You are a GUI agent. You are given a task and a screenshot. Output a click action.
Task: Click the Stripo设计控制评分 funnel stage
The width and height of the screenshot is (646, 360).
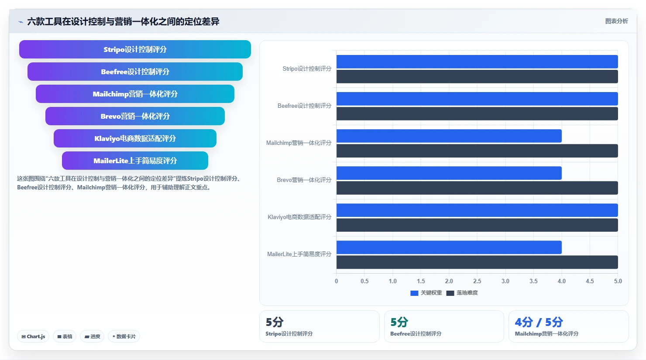[x=135, y=49]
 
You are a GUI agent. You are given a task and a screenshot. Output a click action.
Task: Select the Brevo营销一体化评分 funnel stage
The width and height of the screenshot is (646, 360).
[x=135, y=116]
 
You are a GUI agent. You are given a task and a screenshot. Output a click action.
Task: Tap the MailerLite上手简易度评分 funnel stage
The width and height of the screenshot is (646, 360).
[x=135, y=161]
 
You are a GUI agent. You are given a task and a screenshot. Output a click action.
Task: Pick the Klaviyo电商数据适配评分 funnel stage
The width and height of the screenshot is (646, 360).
[x=135, y=138]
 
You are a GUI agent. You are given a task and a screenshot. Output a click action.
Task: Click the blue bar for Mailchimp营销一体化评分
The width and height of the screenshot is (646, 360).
[x=449, y=136]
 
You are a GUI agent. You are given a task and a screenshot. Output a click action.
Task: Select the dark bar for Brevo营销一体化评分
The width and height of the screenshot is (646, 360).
[x=477, y=188]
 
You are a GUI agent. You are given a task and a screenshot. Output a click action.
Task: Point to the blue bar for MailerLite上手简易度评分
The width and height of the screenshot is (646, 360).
[x=449, y=247]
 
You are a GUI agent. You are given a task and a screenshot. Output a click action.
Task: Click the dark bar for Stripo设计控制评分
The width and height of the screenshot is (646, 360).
[x=477, y=77]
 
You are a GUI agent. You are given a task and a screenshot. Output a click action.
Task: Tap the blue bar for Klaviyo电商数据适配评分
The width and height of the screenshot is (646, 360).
[x=477, y=210]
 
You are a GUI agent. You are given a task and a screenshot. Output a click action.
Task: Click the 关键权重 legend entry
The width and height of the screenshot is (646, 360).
[x=426, y=293]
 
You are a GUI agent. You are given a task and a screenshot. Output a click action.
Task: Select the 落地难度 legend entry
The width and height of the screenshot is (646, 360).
[x=462, y=293]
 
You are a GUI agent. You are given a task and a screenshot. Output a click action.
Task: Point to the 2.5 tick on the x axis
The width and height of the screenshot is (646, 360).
[x=477, y=281]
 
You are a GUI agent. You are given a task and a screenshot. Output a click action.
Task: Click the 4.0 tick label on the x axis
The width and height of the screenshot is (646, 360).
[x=561, y=281]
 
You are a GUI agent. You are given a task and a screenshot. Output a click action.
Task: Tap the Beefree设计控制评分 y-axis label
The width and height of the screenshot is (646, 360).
[x=304, y=106]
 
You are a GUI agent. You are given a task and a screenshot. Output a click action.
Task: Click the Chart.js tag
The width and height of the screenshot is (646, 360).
[x=33, y=336]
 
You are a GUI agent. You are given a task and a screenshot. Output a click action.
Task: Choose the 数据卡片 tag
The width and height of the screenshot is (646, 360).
[x=124, y=336]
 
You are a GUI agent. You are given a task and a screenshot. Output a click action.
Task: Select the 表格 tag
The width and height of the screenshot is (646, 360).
[x=65, y=336]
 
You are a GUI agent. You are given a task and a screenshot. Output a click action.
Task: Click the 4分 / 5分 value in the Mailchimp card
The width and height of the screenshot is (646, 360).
[x=539, y=322]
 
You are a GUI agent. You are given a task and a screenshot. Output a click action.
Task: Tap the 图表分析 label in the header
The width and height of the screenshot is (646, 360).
[x=616, y=21]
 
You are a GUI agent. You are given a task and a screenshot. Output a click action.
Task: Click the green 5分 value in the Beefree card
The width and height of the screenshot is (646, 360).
[x=399, y=322]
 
